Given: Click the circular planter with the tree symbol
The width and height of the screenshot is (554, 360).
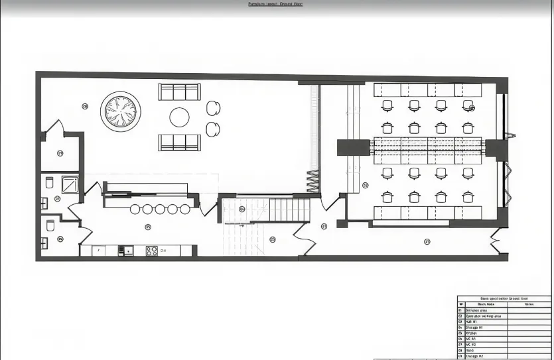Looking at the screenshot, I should (120, 111).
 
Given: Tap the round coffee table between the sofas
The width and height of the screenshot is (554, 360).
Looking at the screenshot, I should (179, 117).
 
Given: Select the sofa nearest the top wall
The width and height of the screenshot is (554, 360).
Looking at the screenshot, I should (179, 91).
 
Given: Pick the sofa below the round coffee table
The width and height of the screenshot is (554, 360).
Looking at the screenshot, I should (179, 142).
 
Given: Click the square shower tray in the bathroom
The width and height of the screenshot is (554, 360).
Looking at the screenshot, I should (70, 184).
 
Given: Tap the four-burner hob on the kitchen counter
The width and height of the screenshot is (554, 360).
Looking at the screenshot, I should (151, 251).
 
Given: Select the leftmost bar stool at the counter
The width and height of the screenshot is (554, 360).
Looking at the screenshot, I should (135, 210).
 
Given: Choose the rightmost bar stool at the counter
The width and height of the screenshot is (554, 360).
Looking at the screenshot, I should (184, 210).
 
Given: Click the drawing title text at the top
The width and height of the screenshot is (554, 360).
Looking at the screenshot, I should (275, 4).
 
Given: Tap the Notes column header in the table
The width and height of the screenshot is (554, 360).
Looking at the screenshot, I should (528, 304).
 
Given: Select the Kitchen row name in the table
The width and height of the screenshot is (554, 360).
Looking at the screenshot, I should (472, 333).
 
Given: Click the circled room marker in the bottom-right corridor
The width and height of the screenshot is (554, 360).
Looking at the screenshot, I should (427, 241).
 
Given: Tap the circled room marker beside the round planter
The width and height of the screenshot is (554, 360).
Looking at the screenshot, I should (85, 106).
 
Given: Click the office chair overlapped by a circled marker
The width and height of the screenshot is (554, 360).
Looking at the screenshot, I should (468, 105).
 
